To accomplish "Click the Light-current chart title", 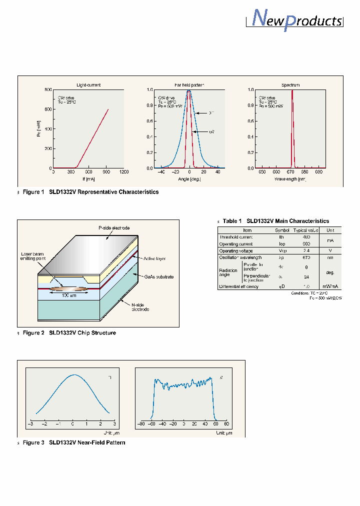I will click(x=88, y=85).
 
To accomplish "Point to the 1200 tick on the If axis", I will click(x=123, y=172).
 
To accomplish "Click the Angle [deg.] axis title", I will click(x=189, y=179).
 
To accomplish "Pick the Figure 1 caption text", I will click(x=91, y=192).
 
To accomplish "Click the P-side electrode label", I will click(x=114, y=228).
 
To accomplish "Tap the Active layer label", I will click(x=154, y=258).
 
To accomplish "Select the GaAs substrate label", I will click(x=158, y=276).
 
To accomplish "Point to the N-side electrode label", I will click(x=139, y=307).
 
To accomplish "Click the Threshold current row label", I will click(x=236, y=237).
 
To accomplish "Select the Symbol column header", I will click(x=282, y=230).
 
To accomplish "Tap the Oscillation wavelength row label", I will click(x=240, y=257).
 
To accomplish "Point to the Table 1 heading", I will click(x=276, y=221).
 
